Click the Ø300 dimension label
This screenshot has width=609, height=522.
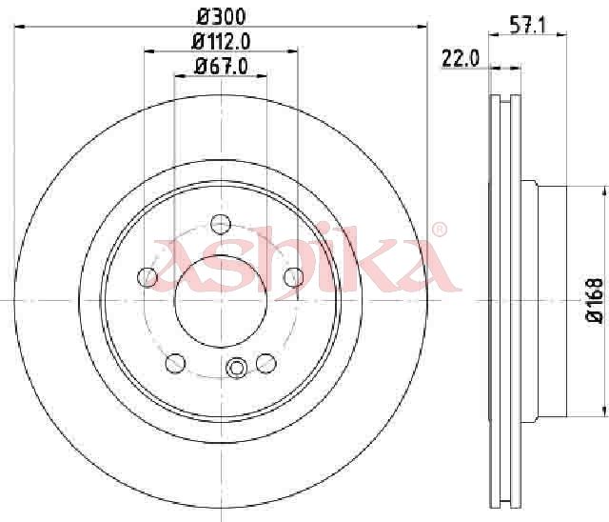[x=222, y=16]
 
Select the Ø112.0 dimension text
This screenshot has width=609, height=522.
[x=221, y=41]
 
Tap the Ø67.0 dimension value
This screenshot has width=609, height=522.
[x=221, y=66]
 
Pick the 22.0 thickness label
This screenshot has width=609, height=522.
[x=461, y=59]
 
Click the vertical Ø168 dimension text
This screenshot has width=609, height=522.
[x=595, y=301]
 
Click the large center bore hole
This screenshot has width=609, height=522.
[x=221, y=301]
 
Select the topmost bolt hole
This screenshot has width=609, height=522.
[x=221, y=224]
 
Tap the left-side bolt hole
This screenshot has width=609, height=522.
[x=147, y=277]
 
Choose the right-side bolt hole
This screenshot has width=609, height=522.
[x=294, y=277]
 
